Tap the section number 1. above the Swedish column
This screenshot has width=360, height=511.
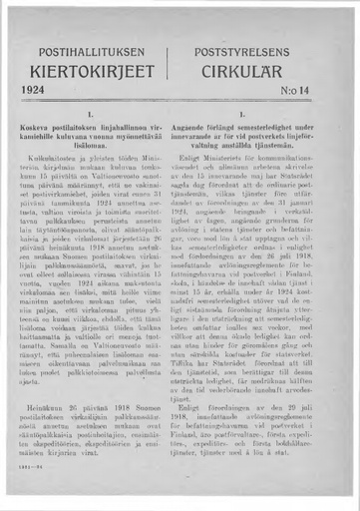[261, 117]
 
